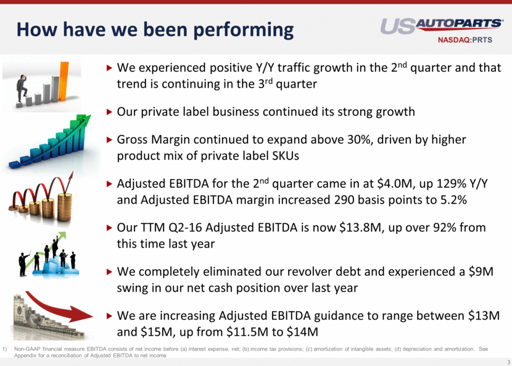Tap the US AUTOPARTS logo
442,25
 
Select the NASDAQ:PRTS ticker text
465,40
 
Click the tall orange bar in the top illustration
64,81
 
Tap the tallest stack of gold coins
65,207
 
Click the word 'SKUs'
286,156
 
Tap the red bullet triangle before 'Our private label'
109,112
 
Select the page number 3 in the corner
509,361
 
